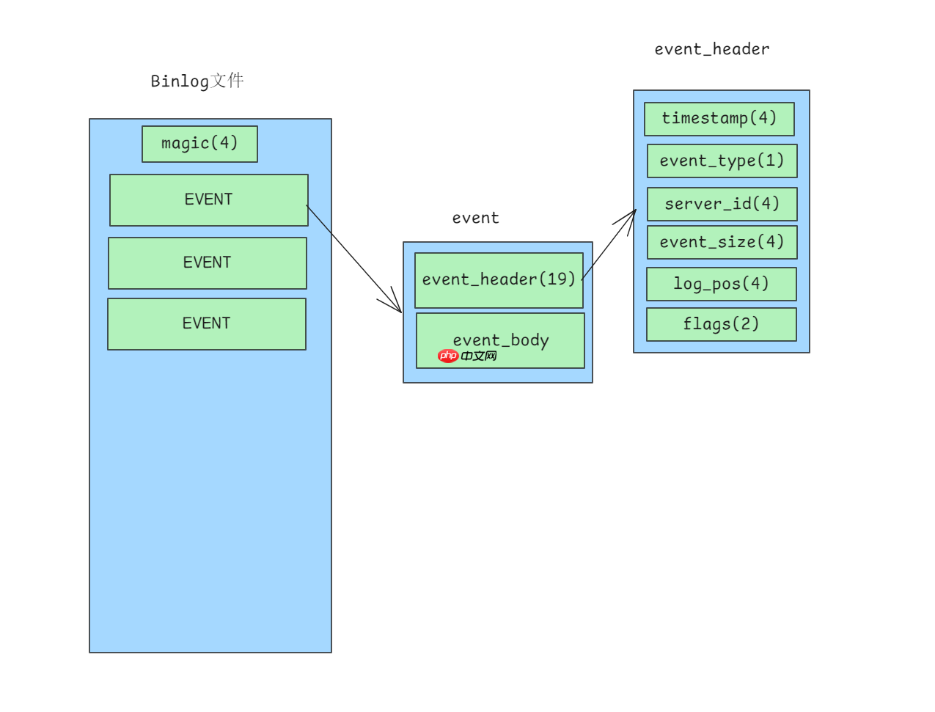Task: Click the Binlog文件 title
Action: tap(197, 81)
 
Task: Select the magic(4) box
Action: tap(199, 144)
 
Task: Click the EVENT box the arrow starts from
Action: tap(208, 200)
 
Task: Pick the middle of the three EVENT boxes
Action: tap(208, 263)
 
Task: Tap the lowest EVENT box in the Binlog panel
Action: tap(207, 324)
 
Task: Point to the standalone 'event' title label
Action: tap(475, 218)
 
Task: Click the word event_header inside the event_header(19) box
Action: tap(479, 279)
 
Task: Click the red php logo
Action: tap(447, 356)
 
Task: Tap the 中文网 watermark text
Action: tap(479, 356)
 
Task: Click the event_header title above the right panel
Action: tap(711, 49)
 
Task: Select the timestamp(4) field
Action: tap(719, 119)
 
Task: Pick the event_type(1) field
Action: tap(722, 161)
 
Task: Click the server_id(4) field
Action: tap(722, 204)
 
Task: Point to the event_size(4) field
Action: tap(722, 242)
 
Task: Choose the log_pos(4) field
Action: tap(721, 284)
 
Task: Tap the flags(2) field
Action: tap(721, 324)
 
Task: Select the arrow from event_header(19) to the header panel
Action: tap(609, 245)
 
